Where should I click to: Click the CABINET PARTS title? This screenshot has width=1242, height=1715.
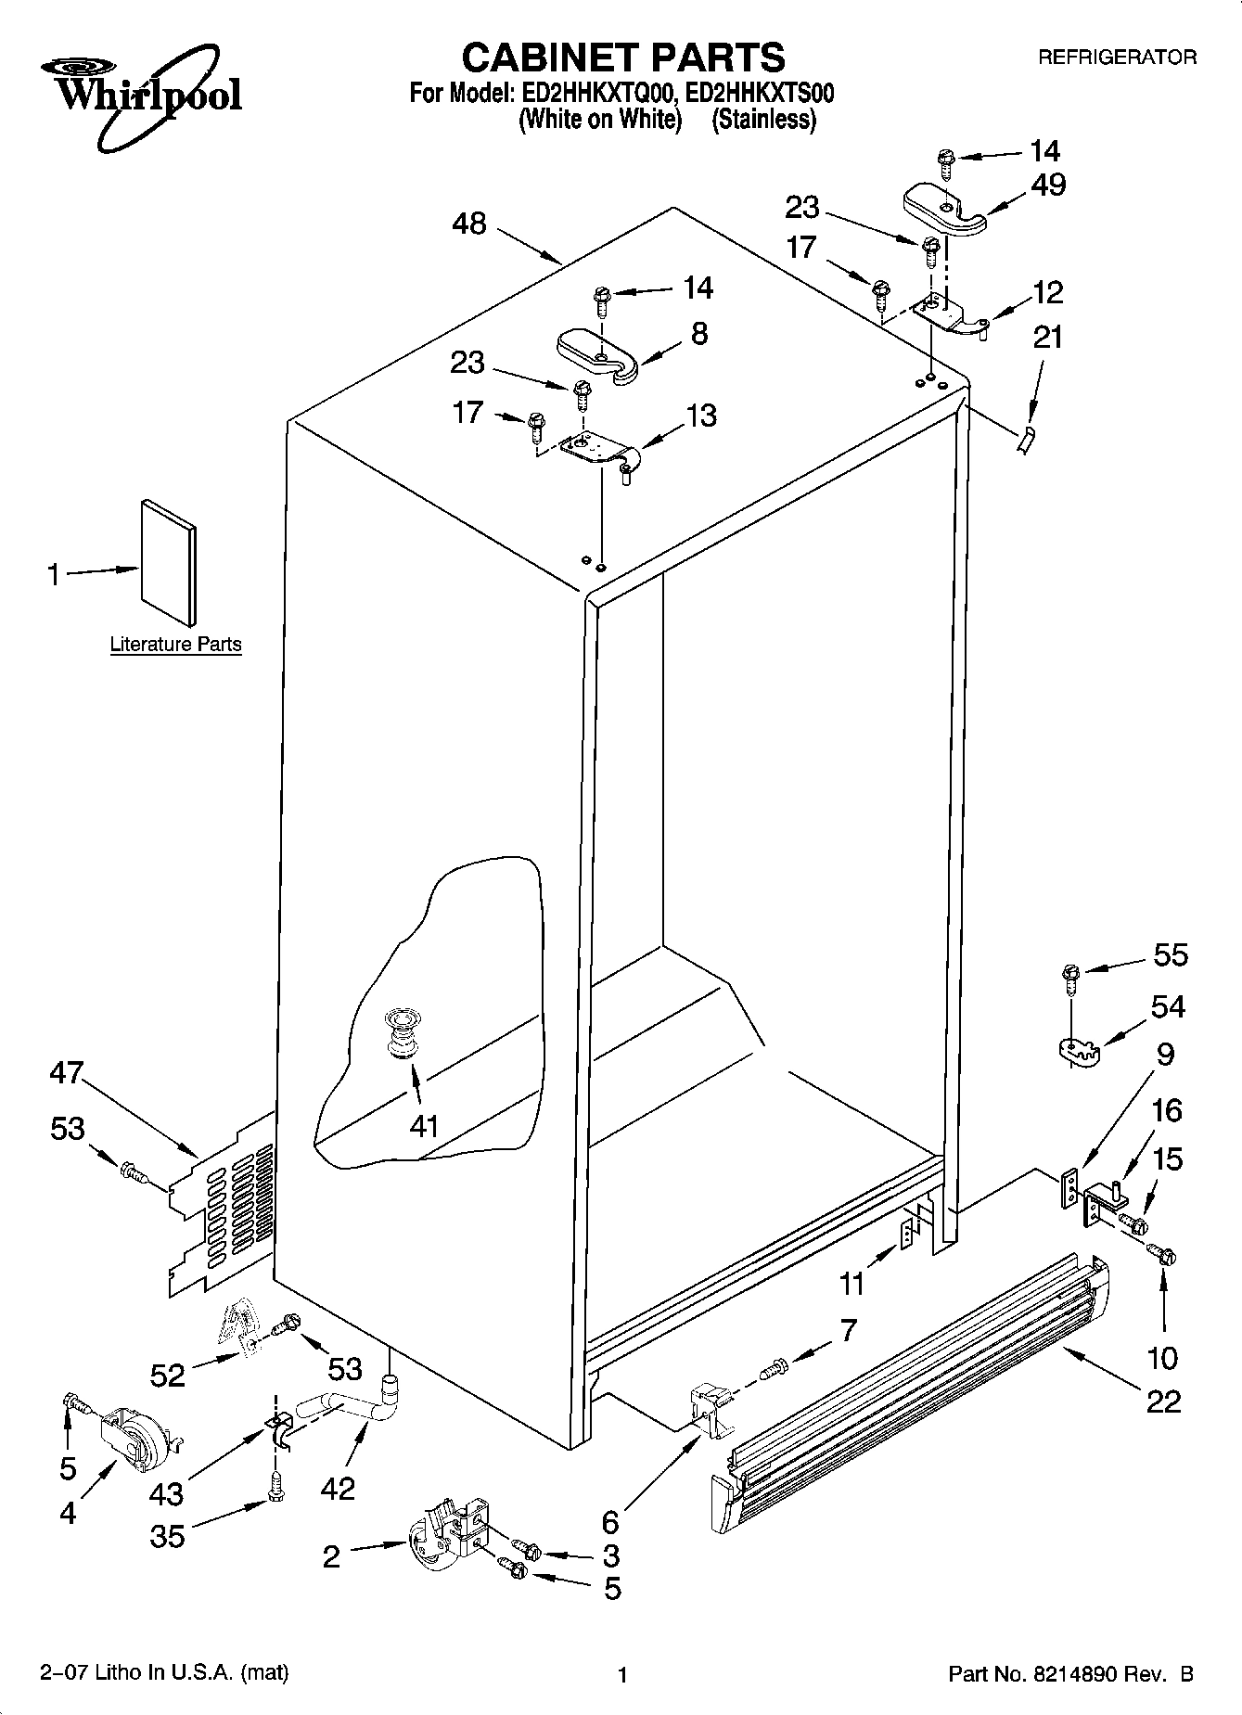[622, 58]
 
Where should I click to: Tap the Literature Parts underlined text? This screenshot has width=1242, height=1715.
[175, 644]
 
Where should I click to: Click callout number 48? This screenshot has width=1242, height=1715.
[469, 224]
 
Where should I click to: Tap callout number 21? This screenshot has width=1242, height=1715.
[1048, 337]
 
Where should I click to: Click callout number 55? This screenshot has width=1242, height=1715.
[1170, 954]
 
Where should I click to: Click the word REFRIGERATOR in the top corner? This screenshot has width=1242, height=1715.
[1117, 58]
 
